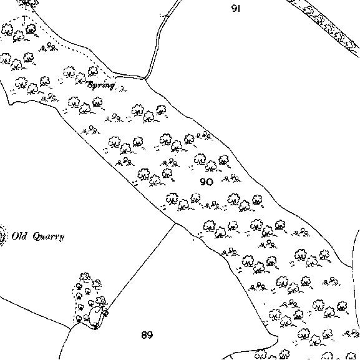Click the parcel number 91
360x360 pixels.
tap(236, 9)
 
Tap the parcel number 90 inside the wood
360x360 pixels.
tap(207, 182)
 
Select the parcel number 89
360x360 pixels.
tap(147, 335)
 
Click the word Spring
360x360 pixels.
tap(101, 85)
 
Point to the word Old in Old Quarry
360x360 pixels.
tap(19, 236)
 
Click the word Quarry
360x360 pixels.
tap(48, 236)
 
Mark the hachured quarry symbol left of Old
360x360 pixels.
tap(2, 236)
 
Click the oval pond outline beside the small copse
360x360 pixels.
tap(95, 316)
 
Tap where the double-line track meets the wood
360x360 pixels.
tap(145, 79)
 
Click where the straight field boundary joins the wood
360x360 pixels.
tap(175, 223)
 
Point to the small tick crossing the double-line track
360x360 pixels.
tap(165, 16)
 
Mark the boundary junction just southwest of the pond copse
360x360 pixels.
tap(70, 329)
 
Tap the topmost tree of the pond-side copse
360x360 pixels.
tap(84, 277)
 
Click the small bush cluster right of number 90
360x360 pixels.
tap(231, 178)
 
